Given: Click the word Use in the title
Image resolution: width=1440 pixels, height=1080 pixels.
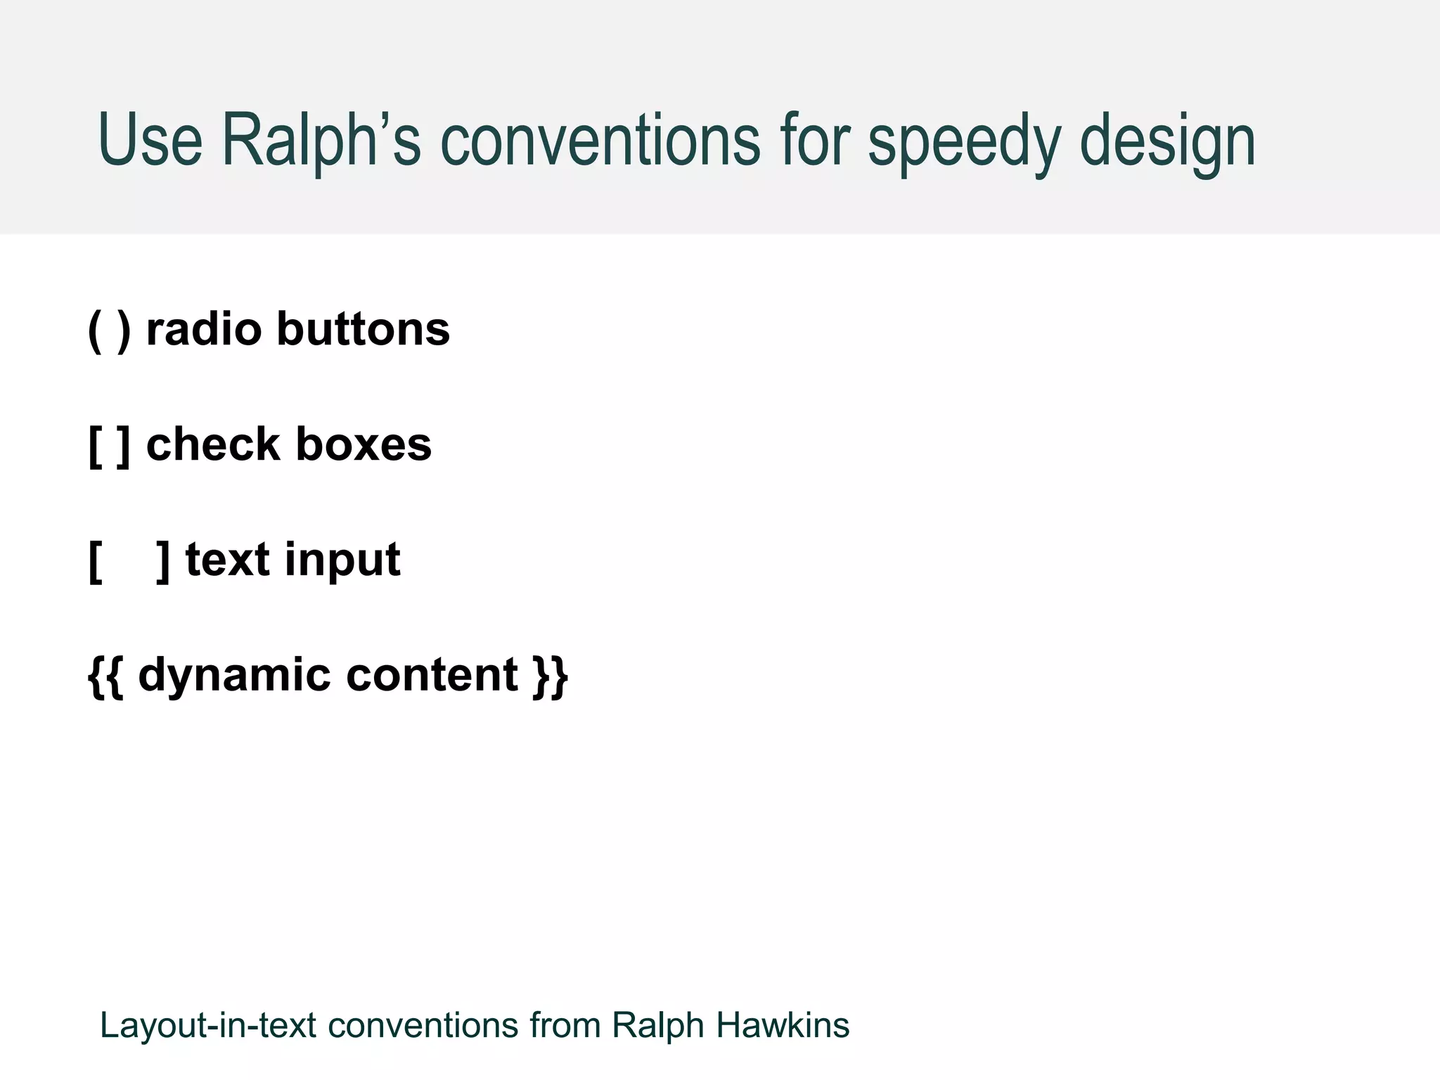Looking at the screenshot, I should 150,140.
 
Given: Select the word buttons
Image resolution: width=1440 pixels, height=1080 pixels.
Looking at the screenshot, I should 363,328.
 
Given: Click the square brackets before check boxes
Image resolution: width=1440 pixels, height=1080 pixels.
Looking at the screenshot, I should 109,444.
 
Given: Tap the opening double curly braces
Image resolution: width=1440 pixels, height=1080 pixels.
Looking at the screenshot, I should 105,675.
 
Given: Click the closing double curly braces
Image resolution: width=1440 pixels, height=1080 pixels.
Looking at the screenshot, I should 551,675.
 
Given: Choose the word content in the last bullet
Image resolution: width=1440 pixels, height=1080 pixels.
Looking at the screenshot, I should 432,674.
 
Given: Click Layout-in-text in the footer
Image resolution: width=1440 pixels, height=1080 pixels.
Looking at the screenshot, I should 208,1025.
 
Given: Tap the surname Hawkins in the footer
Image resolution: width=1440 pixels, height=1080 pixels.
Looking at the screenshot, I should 783,1024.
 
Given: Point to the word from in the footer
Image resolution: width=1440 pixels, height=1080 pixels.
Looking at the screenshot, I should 565,1024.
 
